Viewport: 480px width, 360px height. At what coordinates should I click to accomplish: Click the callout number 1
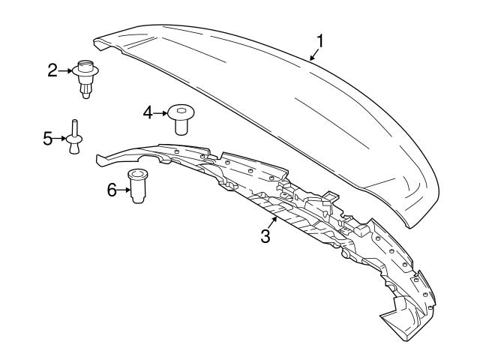coord(320,40)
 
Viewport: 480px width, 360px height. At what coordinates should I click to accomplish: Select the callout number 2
coord(52,70)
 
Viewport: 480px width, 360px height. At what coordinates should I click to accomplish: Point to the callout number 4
coord(148,112)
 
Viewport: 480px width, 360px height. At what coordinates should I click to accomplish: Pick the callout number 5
coord(47,138)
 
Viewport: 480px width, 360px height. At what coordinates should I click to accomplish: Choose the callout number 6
coord(112,190)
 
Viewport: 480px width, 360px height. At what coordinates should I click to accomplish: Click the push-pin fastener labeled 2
coord(86,77)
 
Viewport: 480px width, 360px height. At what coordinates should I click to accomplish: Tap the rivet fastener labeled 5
coord(73,136)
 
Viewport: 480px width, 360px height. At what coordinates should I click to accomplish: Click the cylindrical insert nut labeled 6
coord(136,186)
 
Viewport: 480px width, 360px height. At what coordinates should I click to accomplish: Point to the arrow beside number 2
coord(66,70)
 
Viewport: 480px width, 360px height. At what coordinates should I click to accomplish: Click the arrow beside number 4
coord(160,112)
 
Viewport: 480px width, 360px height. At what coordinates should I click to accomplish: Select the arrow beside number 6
coord(124,190)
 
